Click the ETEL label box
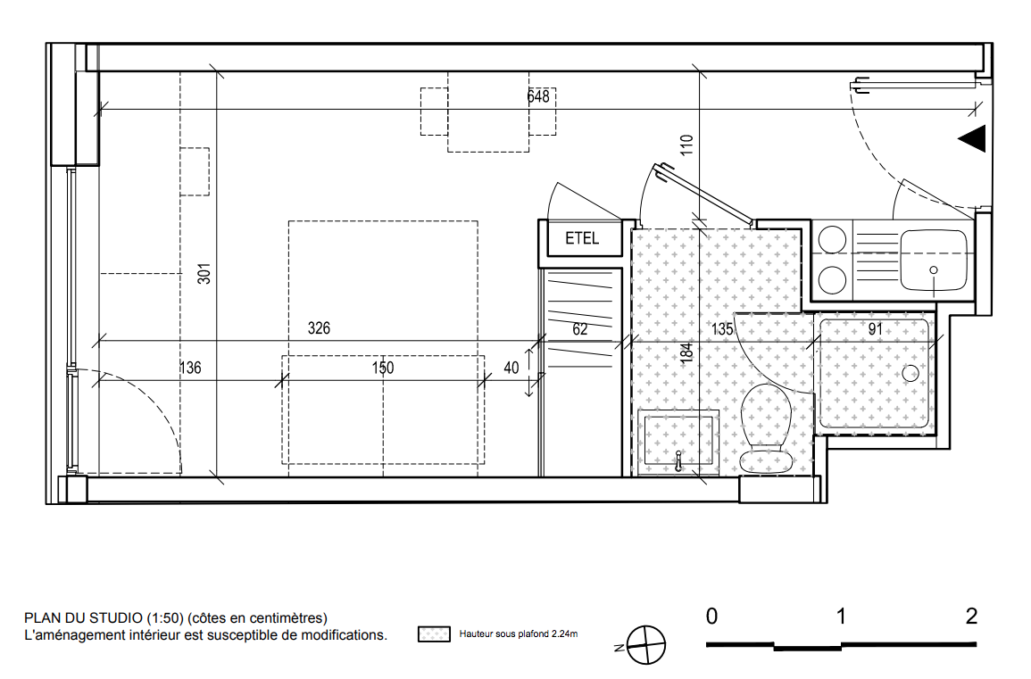[580, 238]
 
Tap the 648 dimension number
[538, 96]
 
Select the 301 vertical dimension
[204, 273]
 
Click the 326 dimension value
[319, 328]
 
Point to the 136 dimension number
[190, 368]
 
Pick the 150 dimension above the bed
[383, 368]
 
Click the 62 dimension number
[579, 329]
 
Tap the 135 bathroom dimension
[722, 328]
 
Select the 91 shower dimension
[875, 328]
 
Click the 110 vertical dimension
[686, 145]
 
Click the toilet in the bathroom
[765, 428]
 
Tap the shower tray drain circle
[910, 373]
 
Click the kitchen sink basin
[934, 261]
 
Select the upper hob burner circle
[832, 240]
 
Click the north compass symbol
[645, 645]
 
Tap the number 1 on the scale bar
[841, 617]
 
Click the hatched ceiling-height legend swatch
[434, 634]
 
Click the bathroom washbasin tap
[678, 461]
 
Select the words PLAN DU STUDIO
[84, 617]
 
